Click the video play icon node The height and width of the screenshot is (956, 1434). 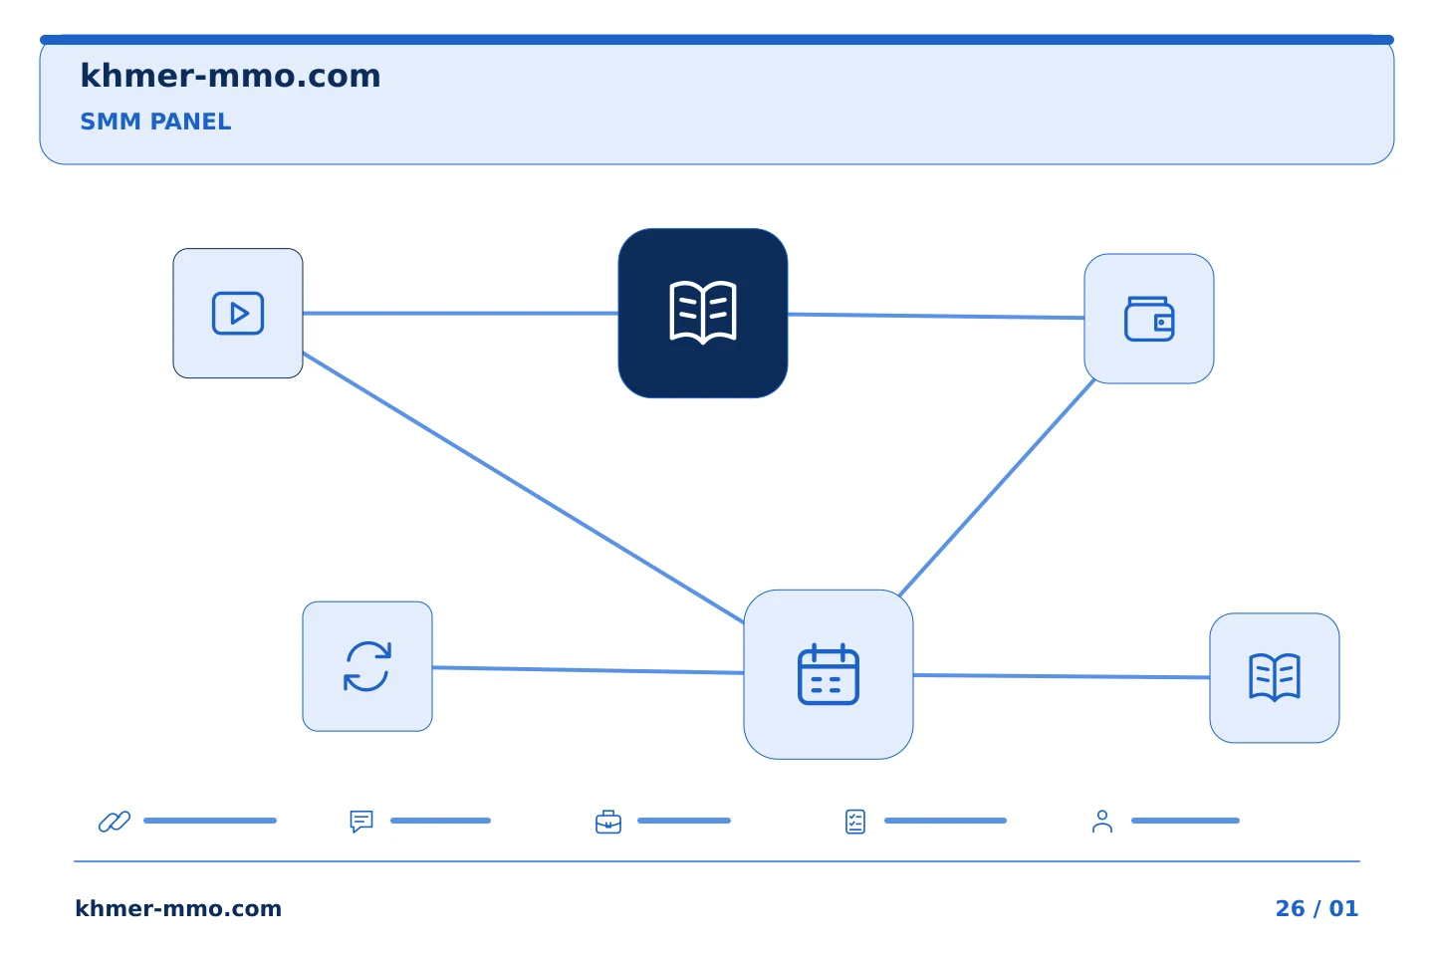coord(237,313)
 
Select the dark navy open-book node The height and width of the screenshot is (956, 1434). coord(702,313)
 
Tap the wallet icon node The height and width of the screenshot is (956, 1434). coord(1148,319)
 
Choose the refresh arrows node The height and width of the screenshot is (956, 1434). coord(366,666)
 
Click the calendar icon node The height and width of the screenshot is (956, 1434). coord(828,674)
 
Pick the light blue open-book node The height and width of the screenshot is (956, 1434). coord(1274,677)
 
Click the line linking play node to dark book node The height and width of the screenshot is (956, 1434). coord(460,313)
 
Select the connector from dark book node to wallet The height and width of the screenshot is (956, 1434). coord(935,316)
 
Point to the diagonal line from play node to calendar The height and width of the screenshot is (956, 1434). coord(523,487)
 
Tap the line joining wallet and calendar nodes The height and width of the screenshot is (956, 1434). coord(997,488)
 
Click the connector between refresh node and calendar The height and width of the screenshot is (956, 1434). coord(588,670)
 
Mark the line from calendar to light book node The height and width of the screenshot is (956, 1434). coord(1061,675)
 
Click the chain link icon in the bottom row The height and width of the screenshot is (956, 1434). coord(114,821)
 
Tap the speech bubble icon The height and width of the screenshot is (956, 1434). coord(361,821)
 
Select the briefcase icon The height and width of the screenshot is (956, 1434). coord(608,822)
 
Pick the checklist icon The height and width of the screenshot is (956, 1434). coord(855,822)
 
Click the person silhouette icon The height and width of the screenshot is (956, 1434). coord(1101,822)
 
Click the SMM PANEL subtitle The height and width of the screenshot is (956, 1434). coord(155,121)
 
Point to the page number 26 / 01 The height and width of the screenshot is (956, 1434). coord(1316,908)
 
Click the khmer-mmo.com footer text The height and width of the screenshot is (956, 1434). coord(178,908)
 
